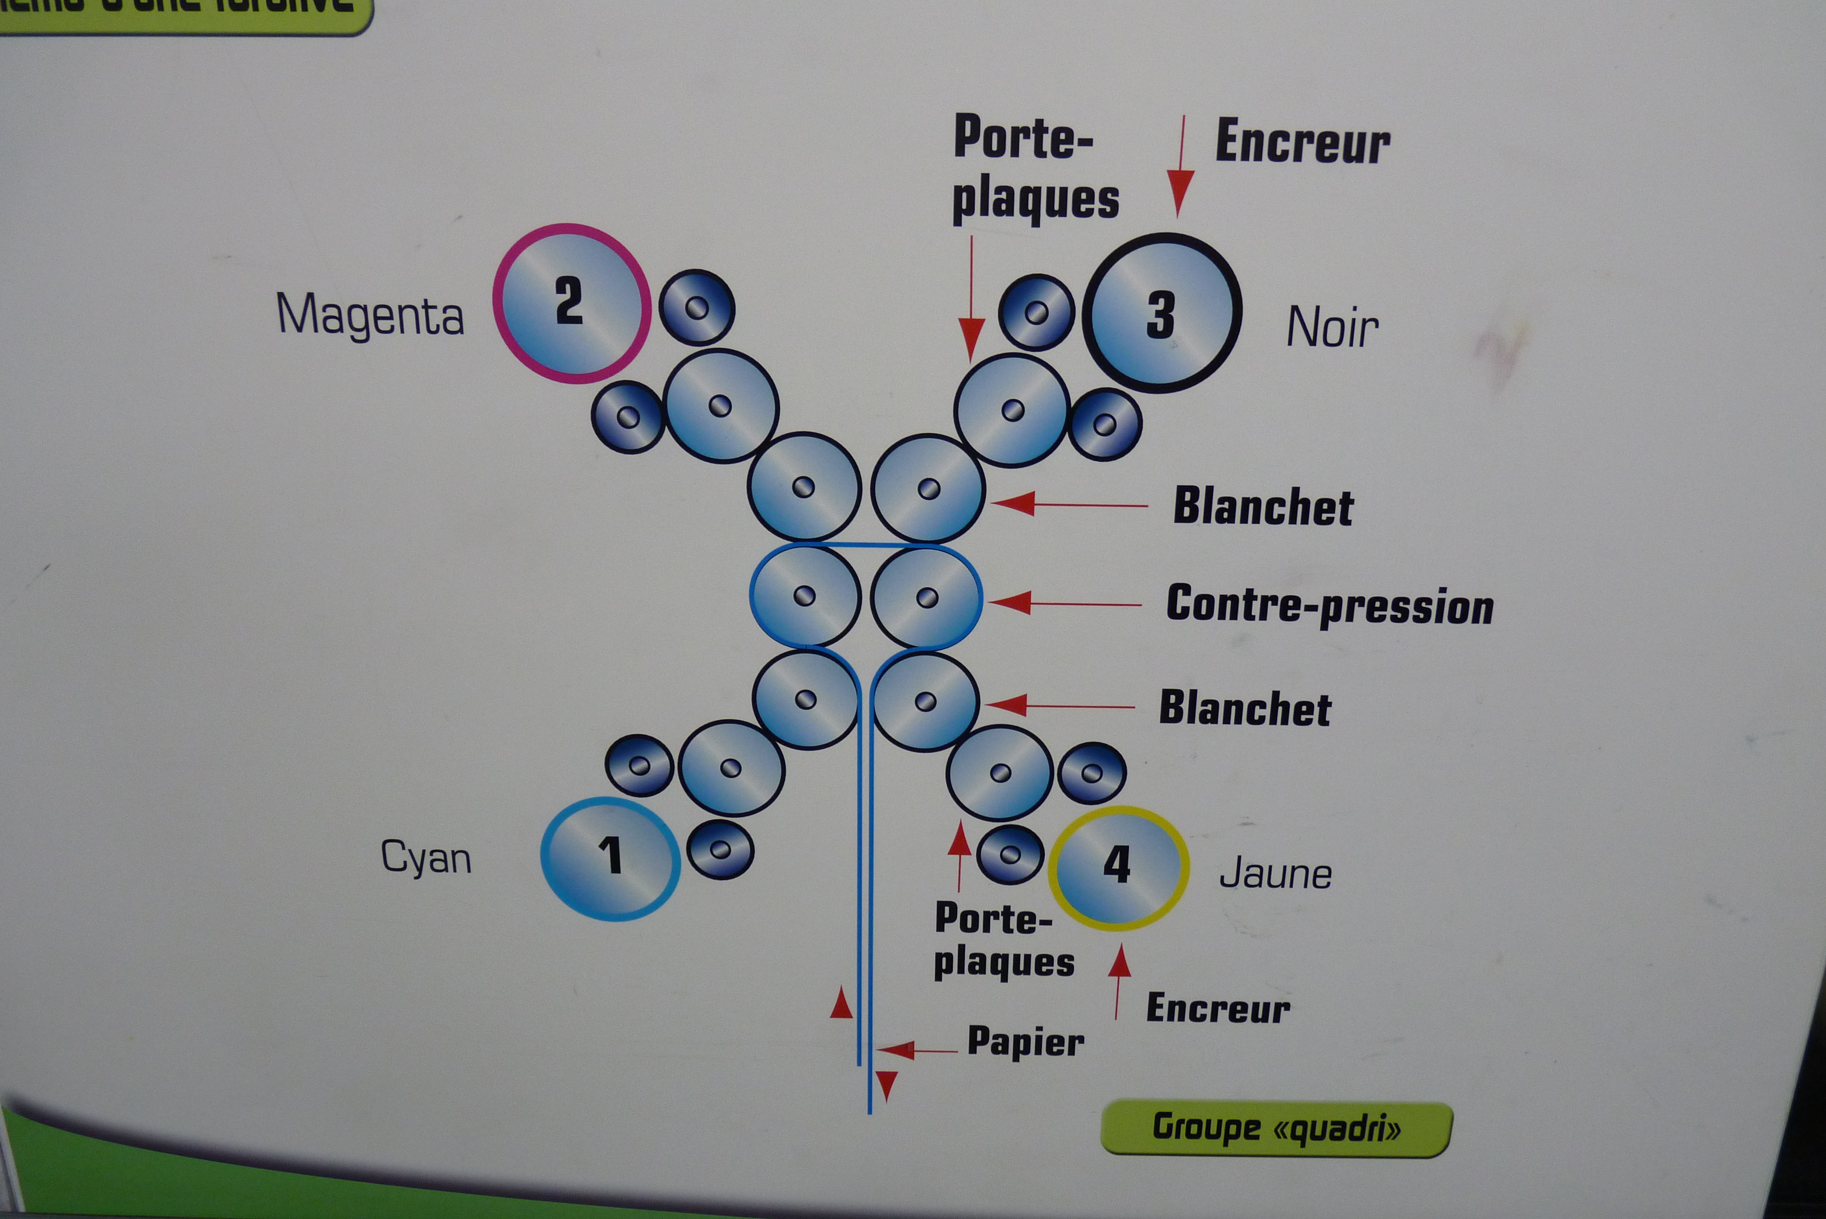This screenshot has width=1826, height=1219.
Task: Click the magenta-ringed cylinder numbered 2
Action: [572, 303]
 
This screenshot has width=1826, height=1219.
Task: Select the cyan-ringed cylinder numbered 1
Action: [610, 858]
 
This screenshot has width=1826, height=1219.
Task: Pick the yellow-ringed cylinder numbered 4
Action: [1118, 868]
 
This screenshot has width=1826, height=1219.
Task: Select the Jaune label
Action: [1275, 874]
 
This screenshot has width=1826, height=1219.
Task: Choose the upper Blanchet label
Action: [1263, 507]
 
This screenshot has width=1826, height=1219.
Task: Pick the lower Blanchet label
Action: [1245, 708]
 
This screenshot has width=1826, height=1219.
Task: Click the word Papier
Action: [1025, 1042]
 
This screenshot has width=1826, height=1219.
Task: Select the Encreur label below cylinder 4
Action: [1218, 1008]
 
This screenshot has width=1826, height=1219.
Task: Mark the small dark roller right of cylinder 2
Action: [697, 308]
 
